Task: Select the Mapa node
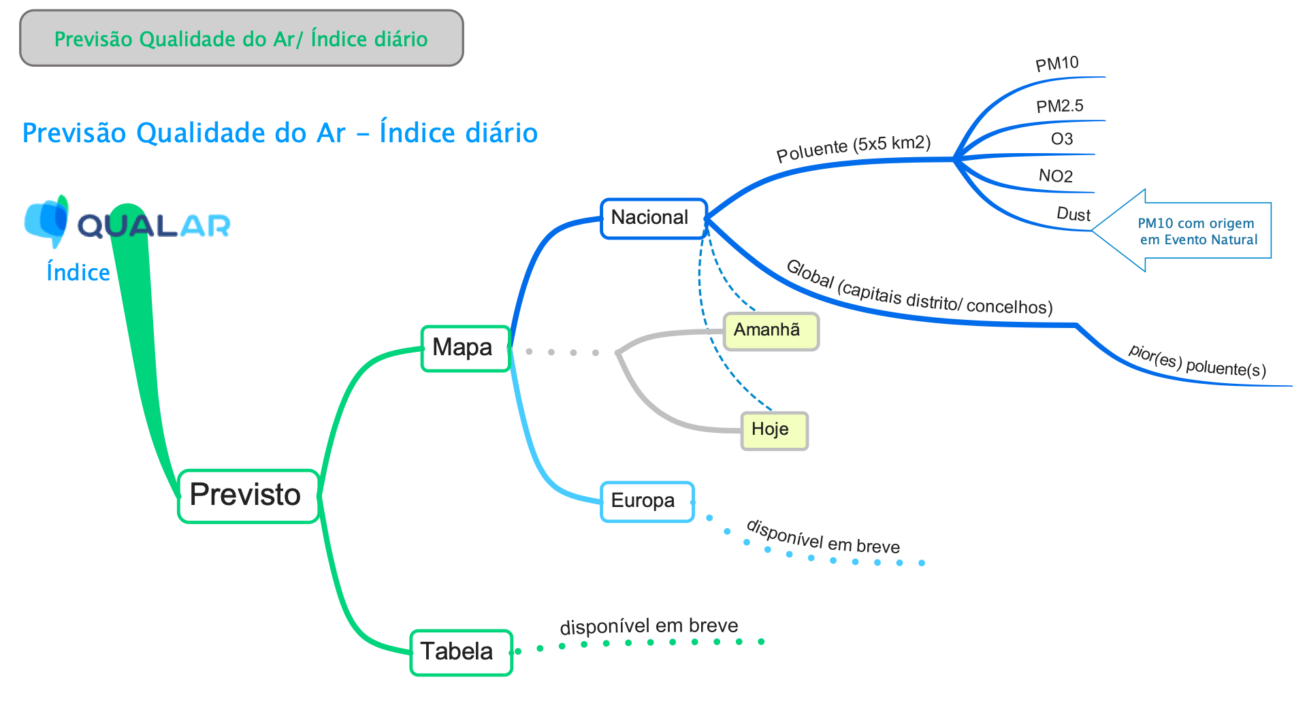[x=465, y=348]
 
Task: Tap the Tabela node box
[x=461, y=652]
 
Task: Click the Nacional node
[x=653, y=218]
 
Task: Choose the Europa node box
[x=647, y=502]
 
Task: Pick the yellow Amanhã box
[x=770, y=331]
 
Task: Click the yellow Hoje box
[x=774, y=430]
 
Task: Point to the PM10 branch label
[x=1056, y=64]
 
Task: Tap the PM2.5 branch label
[x=1059, y=106]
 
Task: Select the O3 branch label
[x=1062, y=140]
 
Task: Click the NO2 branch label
[x=1056, y=176]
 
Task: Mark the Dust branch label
[x=1073, y=214]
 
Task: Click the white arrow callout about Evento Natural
[x=1191, y=231]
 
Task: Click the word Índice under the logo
[x=78, y=272]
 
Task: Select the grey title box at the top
[x=242, y=39]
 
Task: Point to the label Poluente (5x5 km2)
[x=854, y=148]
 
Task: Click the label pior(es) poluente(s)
[x=1197, y=361]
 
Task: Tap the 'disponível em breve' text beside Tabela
[x=649, y=626]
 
